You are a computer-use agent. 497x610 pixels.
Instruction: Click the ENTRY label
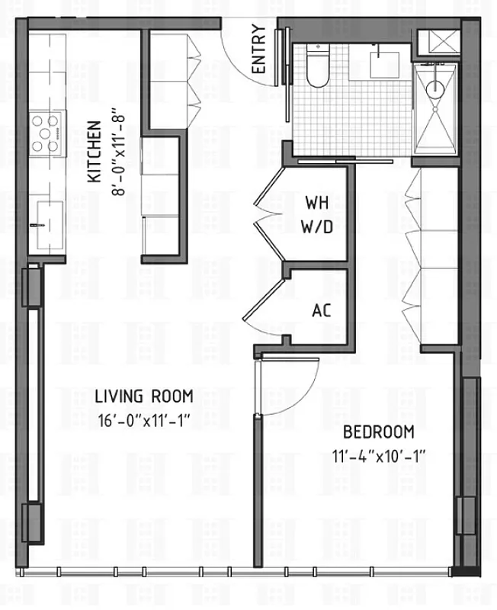point(258,50)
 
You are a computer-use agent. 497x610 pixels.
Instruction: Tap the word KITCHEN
point(95,152)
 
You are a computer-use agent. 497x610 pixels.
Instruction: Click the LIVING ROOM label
point(143,396)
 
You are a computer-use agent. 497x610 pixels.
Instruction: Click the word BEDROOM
point(379,432)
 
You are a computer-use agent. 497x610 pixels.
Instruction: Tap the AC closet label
point(320,310)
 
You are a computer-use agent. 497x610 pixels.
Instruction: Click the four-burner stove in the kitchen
point(45,130)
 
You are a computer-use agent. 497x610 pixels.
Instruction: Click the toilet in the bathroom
point(315,67)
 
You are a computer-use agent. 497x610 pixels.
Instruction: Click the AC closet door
point(263,300)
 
